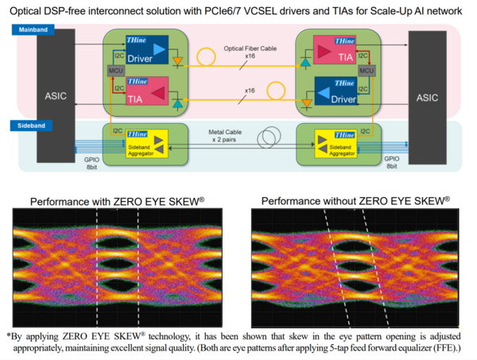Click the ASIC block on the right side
428,96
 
